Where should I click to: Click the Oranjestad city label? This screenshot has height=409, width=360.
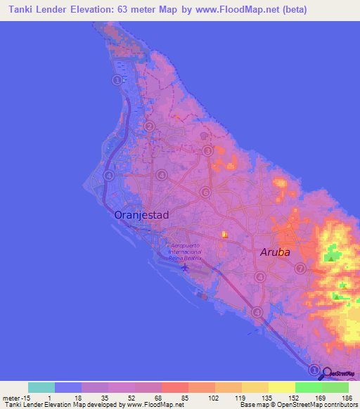click(x=141, y=216)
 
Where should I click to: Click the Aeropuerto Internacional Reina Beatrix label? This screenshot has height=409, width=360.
click(x=185, y=252)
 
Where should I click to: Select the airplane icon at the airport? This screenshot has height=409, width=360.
click(x=185, y=267)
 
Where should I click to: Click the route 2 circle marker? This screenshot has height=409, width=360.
click(x=149, y=126)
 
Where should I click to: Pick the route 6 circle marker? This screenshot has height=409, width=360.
click(x=205, y=192)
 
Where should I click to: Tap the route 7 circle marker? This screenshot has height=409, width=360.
click(x=300, y=268)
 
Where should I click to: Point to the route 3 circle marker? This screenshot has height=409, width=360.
click(x=207, y=150)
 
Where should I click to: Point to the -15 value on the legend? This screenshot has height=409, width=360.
click(x=22, y=398)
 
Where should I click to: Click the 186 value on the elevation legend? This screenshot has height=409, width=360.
click(x=347, y=398)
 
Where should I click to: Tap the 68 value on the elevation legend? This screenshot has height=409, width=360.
click(x=160, y=398)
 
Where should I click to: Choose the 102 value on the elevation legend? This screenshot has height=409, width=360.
click(x=213, y=398)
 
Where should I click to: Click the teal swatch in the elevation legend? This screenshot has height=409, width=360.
click(x=41, y=387)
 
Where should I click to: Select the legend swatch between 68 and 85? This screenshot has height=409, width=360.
click(x=175, y=387)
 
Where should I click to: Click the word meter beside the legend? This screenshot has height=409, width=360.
click(x=10, y=398)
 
